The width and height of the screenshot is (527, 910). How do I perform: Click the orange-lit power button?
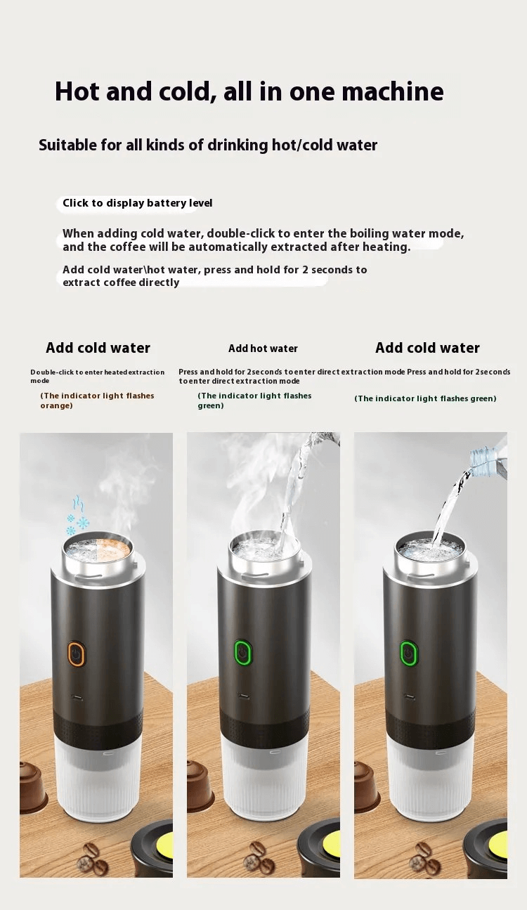coord(76,653)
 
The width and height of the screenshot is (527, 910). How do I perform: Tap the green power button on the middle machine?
coord(242,653)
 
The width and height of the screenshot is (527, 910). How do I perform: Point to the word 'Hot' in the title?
coord(78,92)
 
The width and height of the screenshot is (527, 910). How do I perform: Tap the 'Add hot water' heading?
coord(263,349)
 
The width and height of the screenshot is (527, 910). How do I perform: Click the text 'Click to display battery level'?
coord(137,203)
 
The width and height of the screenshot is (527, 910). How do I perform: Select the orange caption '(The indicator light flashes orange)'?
coord(97,401)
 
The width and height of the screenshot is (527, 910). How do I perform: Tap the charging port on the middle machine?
coord(242,696)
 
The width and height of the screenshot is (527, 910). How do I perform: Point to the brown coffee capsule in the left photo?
coord(31,787)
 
